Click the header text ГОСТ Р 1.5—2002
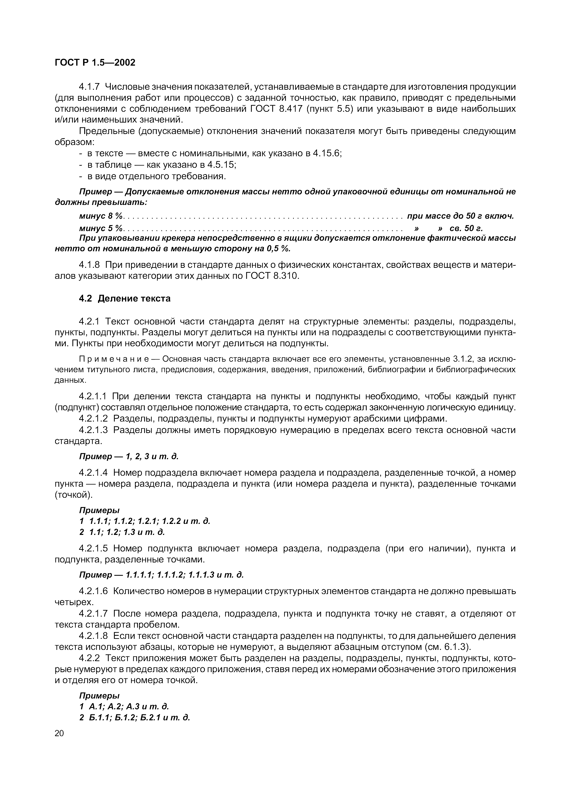[x=95, y=62]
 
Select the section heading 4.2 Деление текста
[x=124, y=298]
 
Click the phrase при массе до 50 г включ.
[x=460, y=216]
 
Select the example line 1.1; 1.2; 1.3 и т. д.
[x=126, y=532]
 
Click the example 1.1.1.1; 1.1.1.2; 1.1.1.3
[x=185, y=575]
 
